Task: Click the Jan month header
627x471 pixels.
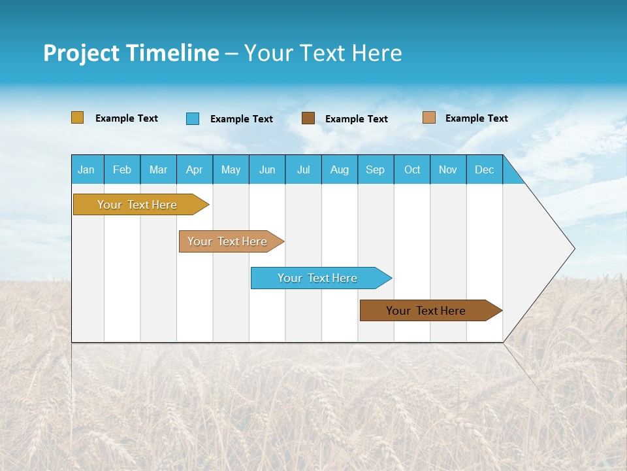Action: tap(87, 169)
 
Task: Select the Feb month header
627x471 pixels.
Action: tap(122, 169)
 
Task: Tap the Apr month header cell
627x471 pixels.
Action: tap(195, 169)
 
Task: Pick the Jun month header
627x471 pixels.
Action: tap(267, 169)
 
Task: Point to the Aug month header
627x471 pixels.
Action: tap(340, 169)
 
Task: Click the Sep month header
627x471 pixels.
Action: tap(376, 169)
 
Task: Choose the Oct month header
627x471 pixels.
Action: tap(412, 169)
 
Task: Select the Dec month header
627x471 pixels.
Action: tap(485, 169)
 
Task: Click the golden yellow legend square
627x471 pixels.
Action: tap(77, 118)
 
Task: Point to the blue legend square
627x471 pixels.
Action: tap(193, 118)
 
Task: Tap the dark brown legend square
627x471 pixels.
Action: tap(308, 118)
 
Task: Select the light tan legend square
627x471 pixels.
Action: tap(428, 118)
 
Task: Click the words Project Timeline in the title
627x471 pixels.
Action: tap(131, 53)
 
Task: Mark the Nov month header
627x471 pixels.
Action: tap(448, 169)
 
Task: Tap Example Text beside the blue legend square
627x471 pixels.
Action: tap(242, 119)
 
